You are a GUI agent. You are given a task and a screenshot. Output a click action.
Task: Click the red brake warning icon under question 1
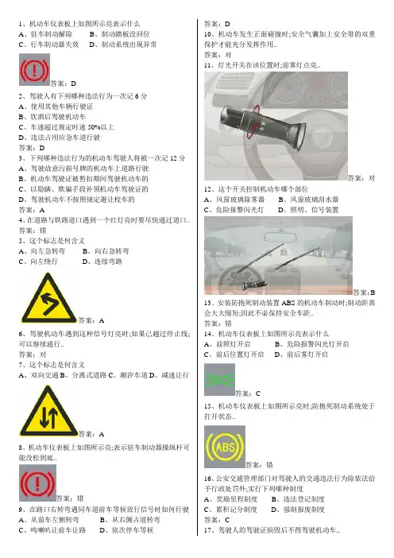(x=34, y=69)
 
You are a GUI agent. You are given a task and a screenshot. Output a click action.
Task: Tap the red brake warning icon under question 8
(x=37, y=483)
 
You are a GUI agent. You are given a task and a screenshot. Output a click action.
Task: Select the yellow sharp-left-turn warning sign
(x=48, y=299)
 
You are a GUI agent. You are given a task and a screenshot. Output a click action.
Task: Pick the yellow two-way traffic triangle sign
(x=48, y=412)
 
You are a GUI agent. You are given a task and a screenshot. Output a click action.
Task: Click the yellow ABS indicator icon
(x=224, y=447)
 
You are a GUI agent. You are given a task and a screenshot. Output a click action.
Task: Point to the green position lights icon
(x=219, y=380)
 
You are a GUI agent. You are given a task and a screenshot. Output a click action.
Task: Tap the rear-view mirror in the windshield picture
(x=278, y=238)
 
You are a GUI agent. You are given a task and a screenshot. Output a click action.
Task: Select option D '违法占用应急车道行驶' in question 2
(x=60, y=138)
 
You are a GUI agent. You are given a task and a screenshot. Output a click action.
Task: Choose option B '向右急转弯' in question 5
(x=106, y=251)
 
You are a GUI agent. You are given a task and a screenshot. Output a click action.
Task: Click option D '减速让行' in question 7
(x=169, y=375)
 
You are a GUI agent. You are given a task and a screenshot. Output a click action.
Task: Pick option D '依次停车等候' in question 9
(x=126, y=530)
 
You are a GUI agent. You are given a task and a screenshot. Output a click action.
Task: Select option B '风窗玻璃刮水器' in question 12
(x=308, y=200)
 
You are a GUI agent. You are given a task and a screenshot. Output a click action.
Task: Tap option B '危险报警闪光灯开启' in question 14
(x=312, y=344)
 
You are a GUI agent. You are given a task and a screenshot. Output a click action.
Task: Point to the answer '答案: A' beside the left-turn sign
(x=91, y=320)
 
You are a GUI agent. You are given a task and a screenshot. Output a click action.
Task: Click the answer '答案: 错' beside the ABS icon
(x=259, y=465)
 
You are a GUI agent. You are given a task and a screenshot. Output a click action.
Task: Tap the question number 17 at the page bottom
(x=207, y=530)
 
